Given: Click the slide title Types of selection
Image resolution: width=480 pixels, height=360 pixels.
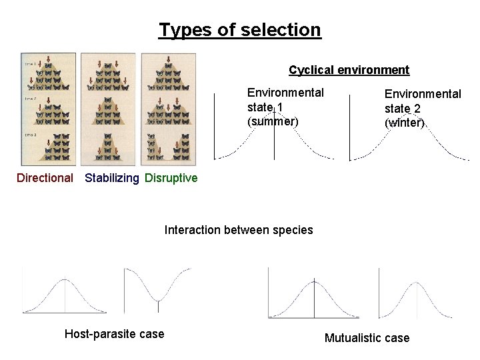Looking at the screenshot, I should (x=240, y=30).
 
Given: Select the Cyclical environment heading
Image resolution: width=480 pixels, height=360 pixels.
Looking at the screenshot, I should (x=349, y=70).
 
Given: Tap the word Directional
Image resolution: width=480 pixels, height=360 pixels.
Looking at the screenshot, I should (x=45, y=178).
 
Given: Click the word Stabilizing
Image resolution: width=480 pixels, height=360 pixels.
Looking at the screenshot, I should (x=112, y=178).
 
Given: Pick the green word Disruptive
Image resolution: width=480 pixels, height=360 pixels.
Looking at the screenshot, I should (x=171, y=178).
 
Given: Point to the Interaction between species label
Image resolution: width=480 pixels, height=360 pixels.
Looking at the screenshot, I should (x=239, y=230).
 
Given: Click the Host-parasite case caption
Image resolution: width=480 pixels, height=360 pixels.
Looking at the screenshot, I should (x=114, y=334).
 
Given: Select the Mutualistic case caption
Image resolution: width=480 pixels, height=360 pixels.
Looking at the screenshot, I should (x=367, y=338).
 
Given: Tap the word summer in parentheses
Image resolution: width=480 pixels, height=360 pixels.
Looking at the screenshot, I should (x=272, y=122).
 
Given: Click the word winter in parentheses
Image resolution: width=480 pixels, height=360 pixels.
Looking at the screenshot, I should (x=404, y=123).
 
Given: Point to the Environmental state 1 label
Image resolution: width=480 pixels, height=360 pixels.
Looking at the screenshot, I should (x=285, y=100).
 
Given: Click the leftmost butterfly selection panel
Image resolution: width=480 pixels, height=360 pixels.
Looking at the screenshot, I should (x=48, y=109).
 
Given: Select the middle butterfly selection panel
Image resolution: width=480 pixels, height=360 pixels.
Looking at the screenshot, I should (x=107, y=109).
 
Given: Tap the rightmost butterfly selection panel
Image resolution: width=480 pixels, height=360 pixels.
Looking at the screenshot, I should (x=167, y=109).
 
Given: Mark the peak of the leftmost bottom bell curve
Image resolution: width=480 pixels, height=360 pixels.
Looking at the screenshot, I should (x=65, y=279).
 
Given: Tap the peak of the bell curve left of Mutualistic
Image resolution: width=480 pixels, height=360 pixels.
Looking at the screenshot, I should (x=315, y=279).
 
